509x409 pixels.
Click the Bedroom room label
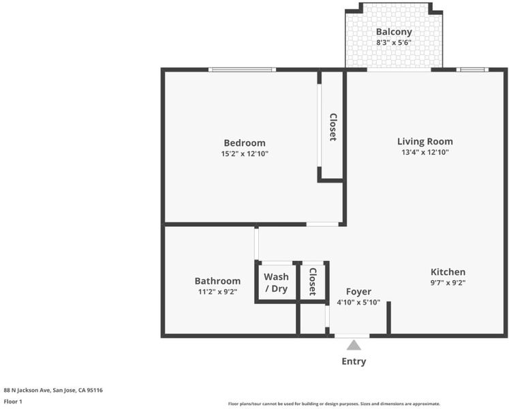pos(245,143)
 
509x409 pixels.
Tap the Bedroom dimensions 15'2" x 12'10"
pos(245,153)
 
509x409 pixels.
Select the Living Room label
pos(425,141)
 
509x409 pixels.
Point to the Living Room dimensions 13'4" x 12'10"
pos(425,152)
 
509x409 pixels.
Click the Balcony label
pos(394,32)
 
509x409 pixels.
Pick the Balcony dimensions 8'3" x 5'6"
pos(394,42)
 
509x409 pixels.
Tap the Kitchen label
pos(448,272)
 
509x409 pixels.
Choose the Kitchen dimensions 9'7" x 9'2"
pos(448,283)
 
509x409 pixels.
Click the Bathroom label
pos(217,281)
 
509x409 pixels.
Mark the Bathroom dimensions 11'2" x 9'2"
pos(217,292)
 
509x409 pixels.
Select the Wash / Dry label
pos(276,283)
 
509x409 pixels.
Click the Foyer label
pos(358,292)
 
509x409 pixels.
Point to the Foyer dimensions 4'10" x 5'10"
pos(358,303)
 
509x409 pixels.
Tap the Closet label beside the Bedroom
pos(333,127)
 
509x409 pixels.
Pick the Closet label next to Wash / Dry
pos(313,282)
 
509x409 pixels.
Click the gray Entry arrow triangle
pos(354,345)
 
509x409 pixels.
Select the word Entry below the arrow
pos(354,361)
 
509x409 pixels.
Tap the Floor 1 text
pos(13,402)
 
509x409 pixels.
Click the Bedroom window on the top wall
pos(242,70)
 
